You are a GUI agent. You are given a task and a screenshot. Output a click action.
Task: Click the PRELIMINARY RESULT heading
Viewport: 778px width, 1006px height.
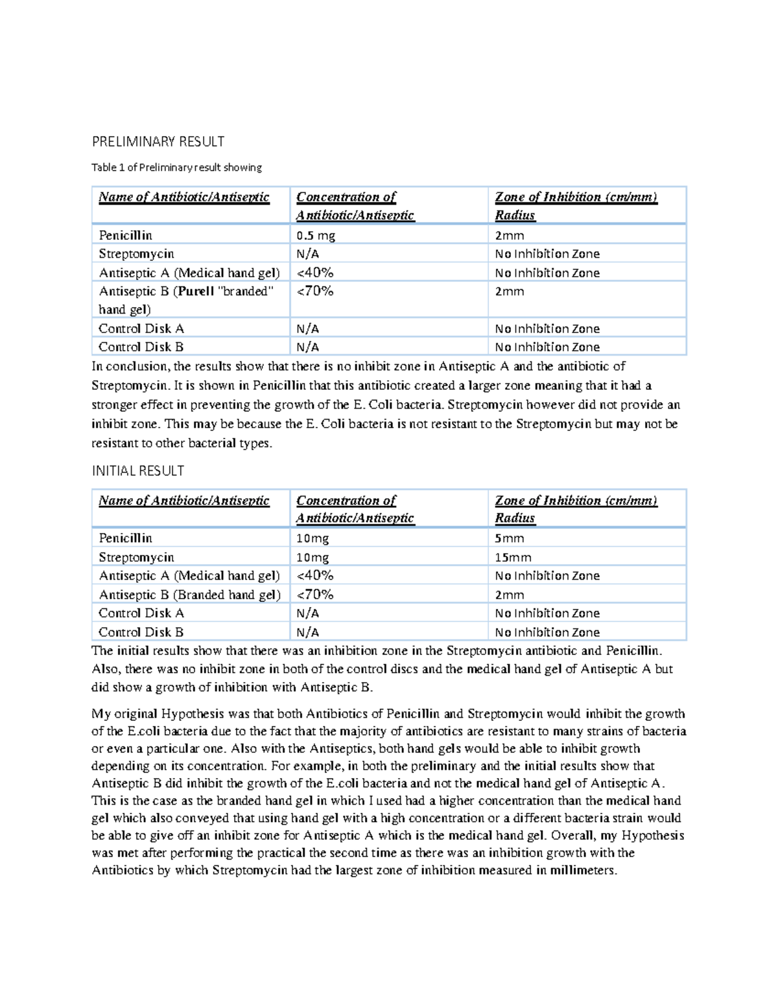pyautogui.click(x=158, y=142)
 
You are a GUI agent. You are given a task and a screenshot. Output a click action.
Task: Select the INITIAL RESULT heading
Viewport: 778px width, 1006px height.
pyautogui.click(x=137, y=471)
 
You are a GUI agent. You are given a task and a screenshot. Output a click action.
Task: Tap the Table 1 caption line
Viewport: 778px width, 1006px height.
pyautogui.click(x=176, y=168)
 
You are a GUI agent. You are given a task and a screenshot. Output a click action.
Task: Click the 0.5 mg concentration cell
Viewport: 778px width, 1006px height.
pyautogui.click(x=316, y=235)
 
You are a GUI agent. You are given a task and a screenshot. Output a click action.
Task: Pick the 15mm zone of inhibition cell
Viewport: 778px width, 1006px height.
pyautogui.click(x=513, y=557)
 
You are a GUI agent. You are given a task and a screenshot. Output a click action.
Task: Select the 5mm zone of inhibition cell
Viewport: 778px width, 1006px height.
pyautogui.click(x=510, y=538)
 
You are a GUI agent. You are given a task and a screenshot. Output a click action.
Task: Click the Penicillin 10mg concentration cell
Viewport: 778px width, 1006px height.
pyautogui.click(x=312, y=538)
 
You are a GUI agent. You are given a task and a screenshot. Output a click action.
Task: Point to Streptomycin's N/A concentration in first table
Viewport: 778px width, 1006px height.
pyautogui.click(x=308, y=254)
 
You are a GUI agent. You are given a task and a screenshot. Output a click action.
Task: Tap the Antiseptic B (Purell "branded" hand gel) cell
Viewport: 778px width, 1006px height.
pyautogui.click(x=186, y=300)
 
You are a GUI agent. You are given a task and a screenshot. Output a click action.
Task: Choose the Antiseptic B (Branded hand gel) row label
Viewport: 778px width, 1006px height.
pyautogui.click(x=189, y=595)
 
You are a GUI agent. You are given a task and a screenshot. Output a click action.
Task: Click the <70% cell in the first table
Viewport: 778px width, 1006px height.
pyautogui.click(x=315, y=292)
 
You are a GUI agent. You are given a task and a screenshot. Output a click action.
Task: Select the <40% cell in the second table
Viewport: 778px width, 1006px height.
pyautogui.click(x=315, y=575)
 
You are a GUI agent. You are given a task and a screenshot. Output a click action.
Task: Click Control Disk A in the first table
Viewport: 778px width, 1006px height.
pyautogui.click(x=141, y=328)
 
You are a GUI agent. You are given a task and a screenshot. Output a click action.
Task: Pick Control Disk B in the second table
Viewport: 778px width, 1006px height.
pyautogui.click(x=141, y=632)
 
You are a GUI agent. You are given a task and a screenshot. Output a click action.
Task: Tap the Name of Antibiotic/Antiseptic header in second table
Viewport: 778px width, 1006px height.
pyautogui.click(x=184, y=501)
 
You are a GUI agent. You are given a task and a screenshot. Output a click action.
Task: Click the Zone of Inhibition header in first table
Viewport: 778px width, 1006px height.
pyautogui.click(x=576, y=198)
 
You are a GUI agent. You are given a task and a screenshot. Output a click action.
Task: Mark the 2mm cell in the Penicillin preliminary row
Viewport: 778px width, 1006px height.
pyautogui.click(x=510, y=235)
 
